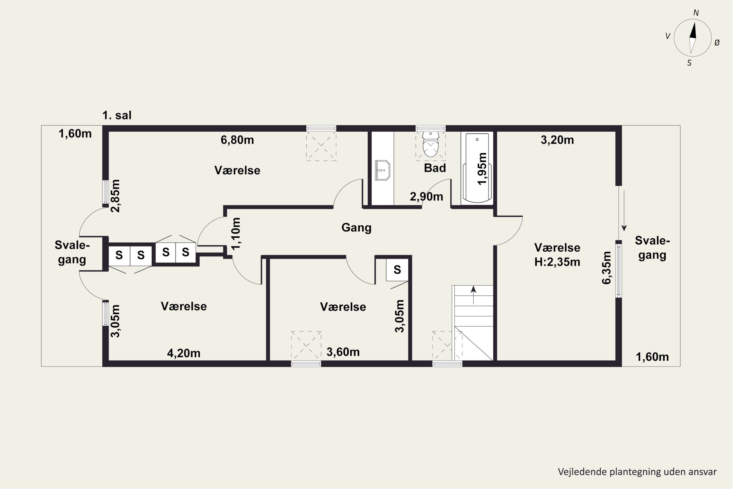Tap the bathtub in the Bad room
(477, 168)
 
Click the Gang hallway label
(356, 228)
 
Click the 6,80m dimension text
(237, 140)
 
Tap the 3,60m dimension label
(343, 352)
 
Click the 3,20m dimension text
(557, 140)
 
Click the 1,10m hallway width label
(236, 233)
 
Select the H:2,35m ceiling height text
(557, 262)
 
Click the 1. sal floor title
(117, 115)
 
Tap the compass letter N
(696, 13)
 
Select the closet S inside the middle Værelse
(397, 270)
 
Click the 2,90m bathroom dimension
(426, 197)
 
